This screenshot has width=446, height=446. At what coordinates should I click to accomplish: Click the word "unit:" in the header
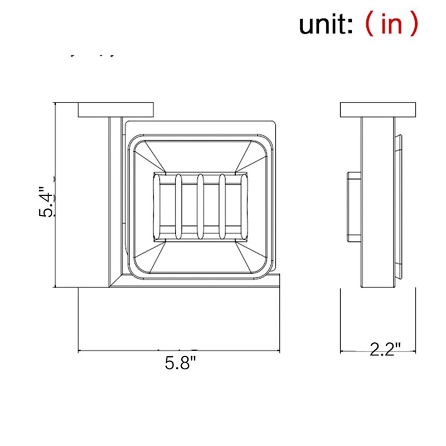(x=325, y=24)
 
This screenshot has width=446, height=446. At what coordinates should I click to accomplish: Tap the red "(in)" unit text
(x=390, y=24)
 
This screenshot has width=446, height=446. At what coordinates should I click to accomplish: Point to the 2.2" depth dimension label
(x=385, y=350)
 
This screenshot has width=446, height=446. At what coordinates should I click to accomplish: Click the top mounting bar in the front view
(x=115, y=110)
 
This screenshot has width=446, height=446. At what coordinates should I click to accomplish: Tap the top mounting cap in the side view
(x=378, y=110)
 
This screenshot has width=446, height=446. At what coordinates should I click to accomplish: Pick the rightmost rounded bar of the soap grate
(x=222, y=206)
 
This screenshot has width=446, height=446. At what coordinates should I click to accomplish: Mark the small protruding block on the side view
(x=353, y=206)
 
